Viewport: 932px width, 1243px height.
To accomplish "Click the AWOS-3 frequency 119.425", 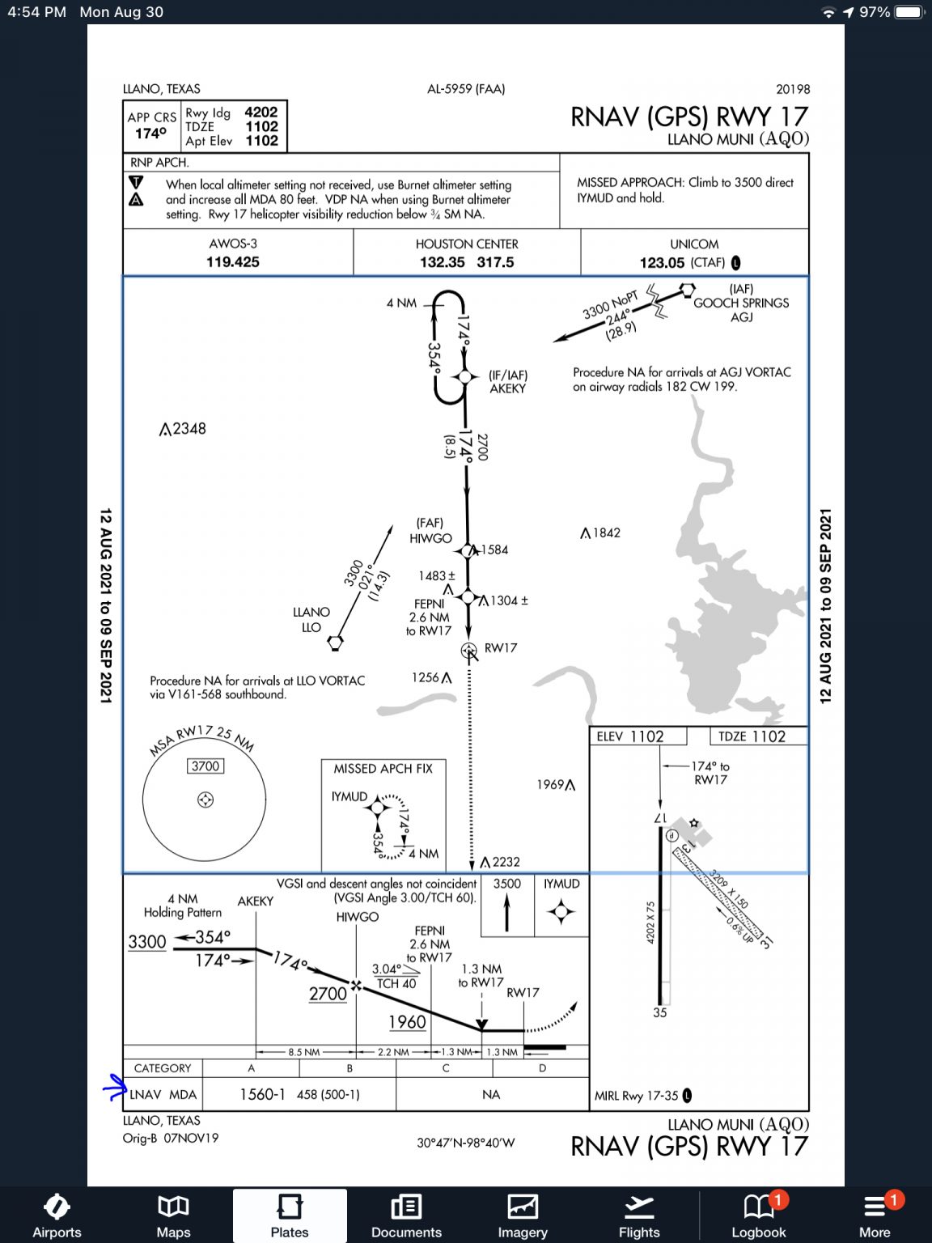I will tap(233, 262).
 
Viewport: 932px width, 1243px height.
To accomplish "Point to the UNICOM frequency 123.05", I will tap(662, 263).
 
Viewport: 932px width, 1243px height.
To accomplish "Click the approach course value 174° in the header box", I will tap(150, 134).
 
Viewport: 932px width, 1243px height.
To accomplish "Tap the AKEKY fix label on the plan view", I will tap(507, 388).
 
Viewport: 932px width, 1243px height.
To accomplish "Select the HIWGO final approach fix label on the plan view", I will tap(430, 538).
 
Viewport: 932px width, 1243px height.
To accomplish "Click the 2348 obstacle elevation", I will tap(189, 429).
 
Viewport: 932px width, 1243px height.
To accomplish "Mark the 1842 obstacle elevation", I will tap(606, 532).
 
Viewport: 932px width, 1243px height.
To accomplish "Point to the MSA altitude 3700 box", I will tap(205, 766).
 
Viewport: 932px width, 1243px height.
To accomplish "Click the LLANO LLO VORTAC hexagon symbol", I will tap(335, 643).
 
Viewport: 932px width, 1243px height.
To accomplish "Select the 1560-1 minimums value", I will tap(262, 1094).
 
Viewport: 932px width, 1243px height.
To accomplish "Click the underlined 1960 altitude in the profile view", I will tap(407, 1022).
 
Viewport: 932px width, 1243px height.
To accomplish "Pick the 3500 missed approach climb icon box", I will tap(507, 904).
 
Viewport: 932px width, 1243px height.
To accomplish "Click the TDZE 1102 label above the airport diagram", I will tap(752, 736).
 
